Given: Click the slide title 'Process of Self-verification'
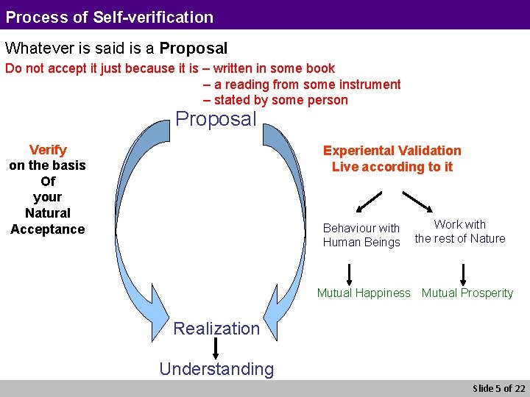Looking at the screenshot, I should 110,17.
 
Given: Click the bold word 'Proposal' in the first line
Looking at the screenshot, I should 194,49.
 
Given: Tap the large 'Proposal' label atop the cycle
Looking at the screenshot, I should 216,119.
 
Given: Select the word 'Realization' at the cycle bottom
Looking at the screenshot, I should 216,329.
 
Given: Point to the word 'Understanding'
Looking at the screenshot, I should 216,369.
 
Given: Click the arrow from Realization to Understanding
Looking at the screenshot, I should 216,348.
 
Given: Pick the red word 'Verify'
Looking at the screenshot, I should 48,150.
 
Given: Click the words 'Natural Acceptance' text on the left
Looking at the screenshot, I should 48,221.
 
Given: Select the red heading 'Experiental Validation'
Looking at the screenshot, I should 392,151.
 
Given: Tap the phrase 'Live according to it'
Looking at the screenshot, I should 392,167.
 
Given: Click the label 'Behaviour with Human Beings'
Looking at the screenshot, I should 361,235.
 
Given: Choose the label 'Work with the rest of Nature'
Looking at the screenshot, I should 460,232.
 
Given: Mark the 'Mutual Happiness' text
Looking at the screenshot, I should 364,293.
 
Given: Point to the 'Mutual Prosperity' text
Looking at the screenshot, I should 467,293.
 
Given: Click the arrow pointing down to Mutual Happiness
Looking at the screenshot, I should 349,273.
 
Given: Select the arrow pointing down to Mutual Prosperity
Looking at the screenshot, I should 463,273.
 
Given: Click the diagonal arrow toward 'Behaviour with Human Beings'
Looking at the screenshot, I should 371,201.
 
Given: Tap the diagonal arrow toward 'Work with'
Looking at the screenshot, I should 417,201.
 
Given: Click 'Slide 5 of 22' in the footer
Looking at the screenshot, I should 498,388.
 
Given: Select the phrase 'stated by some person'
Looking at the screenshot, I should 280,100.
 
